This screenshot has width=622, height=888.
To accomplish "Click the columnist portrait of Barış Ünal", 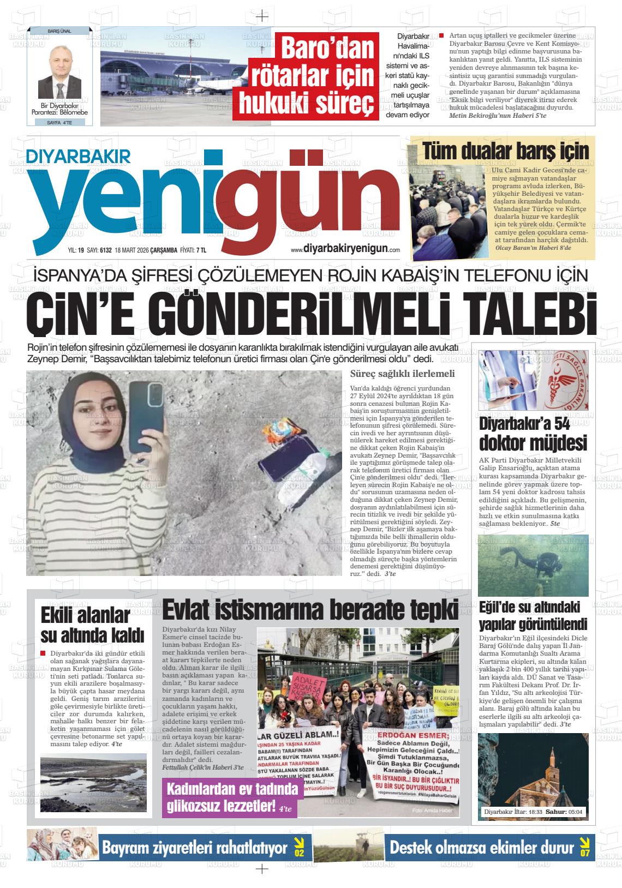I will [59, 71].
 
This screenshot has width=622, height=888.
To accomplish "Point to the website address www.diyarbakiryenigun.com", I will [345, 249].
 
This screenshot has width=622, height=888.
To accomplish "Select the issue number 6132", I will [105, 250].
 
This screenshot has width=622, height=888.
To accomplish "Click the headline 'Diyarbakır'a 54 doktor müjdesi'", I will [533, 433].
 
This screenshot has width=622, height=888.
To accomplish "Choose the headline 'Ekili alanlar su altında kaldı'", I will [93, 625].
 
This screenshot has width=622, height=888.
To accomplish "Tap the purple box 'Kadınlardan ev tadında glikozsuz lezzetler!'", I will [230, 797].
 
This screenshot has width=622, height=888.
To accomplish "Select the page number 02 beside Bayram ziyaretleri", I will [299, 849].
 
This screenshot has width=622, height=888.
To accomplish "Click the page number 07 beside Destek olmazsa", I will [584, 849].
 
